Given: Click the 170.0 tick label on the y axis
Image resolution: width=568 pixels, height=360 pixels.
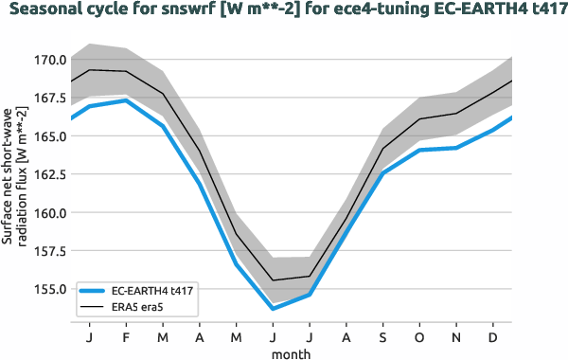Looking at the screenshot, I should click(x=49, y=60).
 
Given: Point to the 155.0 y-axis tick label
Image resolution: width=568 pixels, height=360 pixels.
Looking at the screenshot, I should click(x=49, y=289).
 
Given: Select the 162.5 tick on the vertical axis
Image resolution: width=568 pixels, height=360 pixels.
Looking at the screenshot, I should click(x=49, y=174).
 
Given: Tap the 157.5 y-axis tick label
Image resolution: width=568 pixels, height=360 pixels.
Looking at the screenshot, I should click(x=49, y=251).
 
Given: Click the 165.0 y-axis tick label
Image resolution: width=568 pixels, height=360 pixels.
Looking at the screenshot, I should click(x=49, y=136).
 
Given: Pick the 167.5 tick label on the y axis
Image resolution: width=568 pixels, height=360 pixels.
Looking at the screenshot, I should click(x=49, y=98).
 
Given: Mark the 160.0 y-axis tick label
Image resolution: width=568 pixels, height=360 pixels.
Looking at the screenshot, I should click(x=49, y=212).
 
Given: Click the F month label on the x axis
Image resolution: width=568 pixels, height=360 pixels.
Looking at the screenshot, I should click(x=126, y=338).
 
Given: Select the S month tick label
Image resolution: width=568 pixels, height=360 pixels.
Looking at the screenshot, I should click(x=382, y=338).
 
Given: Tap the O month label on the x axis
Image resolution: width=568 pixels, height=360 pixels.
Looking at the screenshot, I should click(x=419, y=338).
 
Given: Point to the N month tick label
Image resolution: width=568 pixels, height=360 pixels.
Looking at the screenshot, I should click(x=456, y=338).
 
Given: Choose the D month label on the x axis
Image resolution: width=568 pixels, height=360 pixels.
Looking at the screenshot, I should click(x=493, y=338).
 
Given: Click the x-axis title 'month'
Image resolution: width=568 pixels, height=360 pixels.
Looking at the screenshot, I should click(x=291, y=353).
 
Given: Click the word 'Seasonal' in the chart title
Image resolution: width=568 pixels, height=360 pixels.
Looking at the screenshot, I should click(x=48, y=11).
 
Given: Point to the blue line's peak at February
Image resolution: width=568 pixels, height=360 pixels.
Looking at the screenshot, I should click(x=126, y=100).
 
